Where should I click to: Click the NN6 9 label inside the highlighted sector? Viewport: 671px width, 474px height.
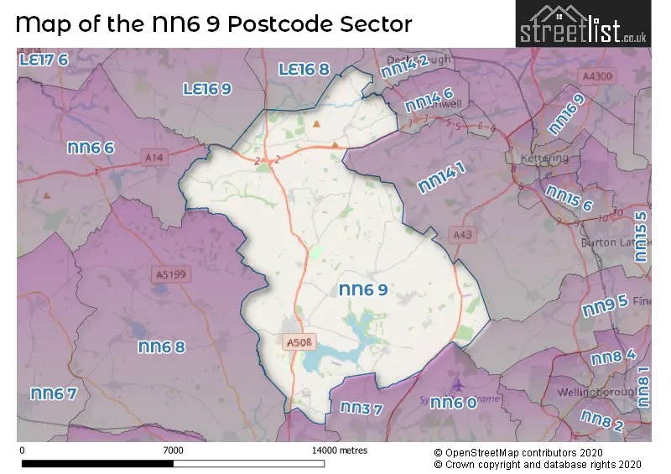[363, 290]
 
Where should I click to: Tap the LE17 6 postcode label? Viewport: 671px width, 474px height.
[44, 60]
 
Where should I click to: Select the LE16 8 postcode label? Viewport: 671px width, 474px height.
[304, 70]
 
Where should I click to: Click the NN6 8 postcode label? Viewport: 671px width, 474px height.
[161, 346]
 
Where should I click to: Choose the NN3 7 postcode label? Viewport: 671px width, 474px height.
[362, 409]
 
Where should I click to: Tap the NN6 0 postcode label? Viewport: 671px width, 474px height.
[453, 404]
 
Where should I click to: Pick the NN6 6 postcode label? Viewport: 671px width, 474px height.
[91, 148]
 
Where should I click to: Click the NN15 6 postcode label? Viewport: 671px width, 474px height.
[570, 199]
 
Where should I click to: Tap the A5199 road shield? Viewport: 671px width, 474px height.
[169, 273]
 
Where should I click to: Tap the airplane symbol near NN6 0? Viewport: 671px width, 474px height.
[456, 384]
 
